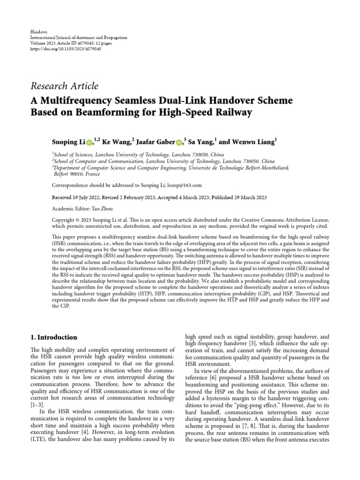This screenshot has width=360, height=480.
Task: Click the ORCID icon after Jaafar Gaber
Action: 179,142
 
